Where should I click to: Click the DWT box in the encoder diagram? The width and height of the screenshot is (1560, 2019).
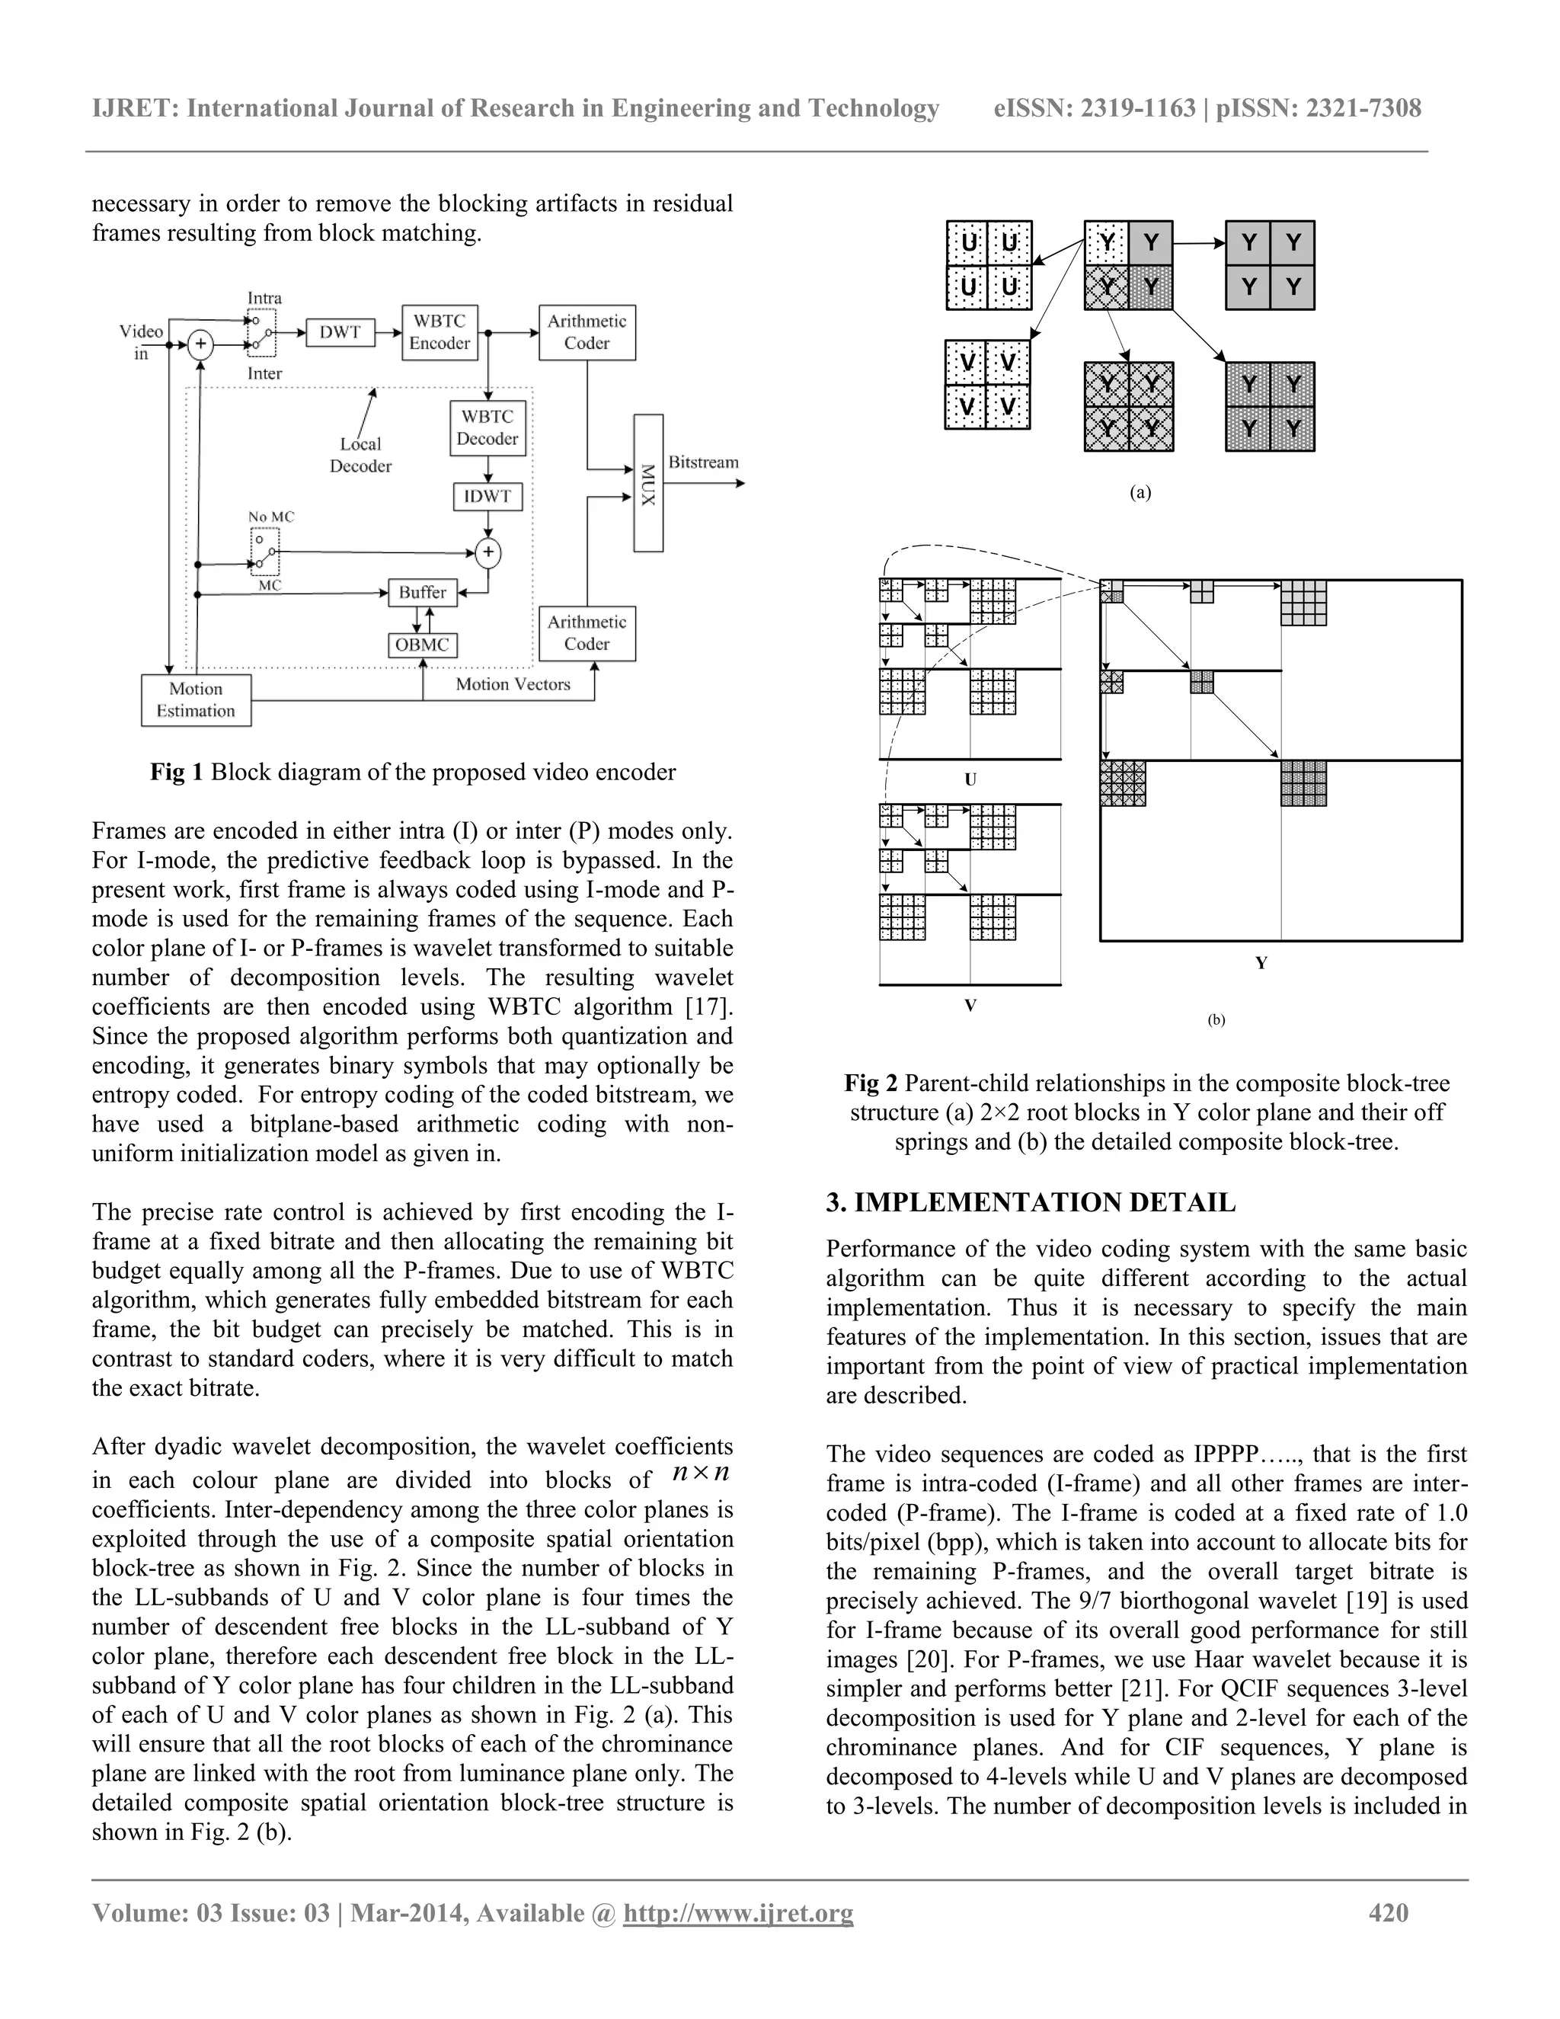click(340, 332)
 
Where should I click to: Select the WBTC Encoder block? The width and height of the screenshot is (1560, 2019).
click(440, 332)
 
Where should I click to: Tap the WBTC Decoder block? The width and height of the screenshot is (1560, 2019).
click(488, 428)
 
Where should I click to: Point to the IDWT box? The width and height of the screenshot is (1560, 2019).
click(488, 497)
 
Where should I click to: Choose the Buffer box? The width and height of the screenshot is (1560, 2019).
click(422, 593)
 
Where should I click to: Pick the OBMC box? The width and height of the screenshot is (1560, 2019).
click(422, 645)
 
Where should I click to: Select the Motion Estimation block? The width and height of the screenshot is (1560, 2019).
click(196, 700)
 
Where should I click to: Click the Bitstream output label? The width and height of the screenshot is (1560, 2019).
click(703, 462)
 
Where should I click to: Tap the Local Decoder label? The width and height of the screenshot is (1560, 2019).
click(360, 455)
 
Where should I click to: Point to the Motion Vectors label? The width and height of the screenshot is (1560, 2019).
click(513, 684)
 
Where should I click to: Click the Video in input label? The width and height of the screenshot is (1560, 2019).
click(142, 342)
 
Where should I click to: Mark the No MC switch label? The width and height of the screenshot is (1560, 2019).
click(270, 517)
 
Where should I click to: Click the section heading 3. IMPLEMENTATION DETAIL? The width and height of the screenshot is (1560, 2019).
click(1031, 1203)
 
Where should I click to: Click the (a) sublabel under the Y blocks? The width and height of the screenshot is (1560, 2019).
click(1141, 493)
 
